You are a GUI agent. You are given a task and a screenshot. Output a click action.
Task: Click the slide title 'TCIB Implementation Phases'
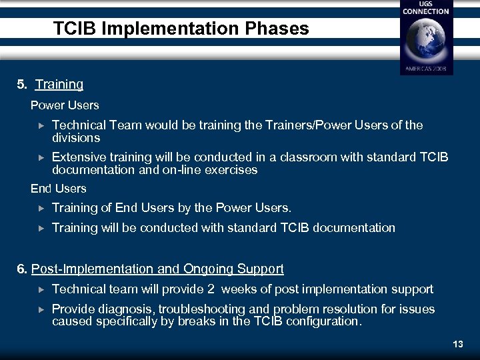pyautogui.click(x=181, y=29)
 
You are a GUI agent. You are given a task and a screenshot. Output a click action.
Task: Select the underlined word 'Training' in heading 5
pyautogui.click(x=59, y=85)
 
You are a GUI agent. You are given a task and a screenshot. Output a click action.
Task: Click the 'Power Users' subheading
pyautogui.click(x=65, y=105)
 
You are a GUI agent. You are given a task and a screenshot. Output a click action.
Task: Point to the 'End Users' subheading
pyautogui.click(x=59, y=189)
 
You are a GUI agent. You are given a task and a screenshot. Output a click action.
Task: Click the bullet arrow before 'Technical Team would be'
pyautogui.click(x=40, y=125)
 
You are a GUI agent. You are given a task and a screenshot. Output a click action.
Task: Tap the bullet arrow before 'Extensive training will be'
pyautogui.click(x=40, y=158)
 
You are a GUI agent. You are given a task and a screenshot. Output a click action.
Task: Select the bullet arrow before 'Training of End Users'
pyautogui.click(x=40, y=208)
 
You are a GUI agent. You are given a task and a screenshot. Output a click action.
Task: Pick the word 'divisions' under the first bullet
pyautogui.click(x=76, y=138)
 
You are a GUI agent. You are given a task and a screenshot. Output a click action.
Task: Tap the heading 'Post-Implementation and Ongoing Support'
pyautogui.click(x=157, y=269)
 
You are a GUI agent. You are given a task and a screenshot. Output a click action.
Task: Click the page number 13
pyautogui.click(x=457, y=345)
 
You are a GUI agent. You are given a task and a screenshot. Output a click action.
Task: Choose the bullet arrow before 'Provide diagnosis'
pyautogui.click(x=40, y=309)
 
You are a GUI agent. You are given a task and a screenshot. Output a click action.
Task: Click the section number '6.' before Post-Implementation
pyautogui.click(x=23, y=269)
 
